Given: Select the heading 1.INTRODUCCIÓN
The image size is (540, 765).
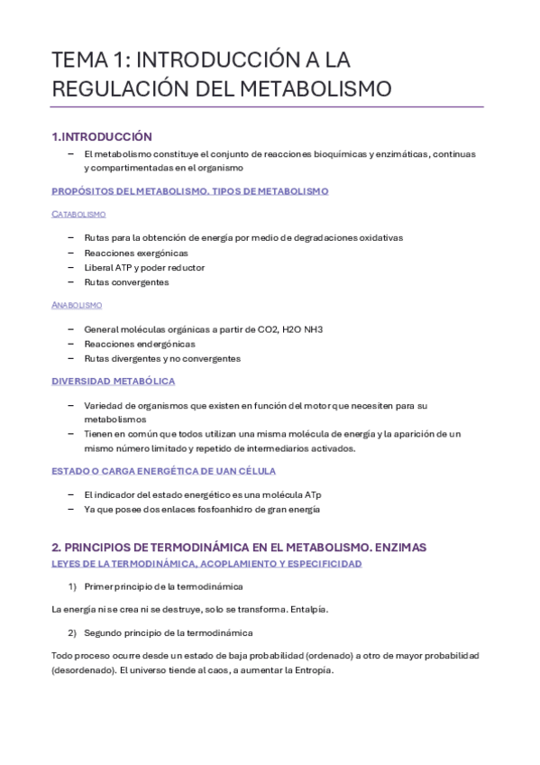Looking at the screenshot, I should tap(102, 136).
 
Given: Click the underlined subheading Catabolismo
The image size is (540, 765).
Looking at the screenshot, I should tap(78, 214).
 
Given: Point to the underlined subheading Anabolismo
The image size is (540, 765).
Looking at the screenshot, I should tap(77, 305).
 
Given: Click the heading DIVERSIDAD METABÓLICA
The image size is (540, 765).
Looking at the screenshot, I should tap(113, 382).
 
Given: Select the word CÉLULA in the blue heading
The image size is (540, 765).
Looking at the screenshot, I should tap(251, 471).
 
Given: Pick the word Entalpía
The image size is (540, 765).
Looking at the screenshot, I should tap(309, 609).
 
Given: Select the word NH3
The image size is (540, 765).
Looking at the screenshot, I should tap(310, 329).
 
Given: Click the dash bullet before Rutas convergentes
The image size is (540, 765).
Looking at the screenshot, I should tap(71, 282).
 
